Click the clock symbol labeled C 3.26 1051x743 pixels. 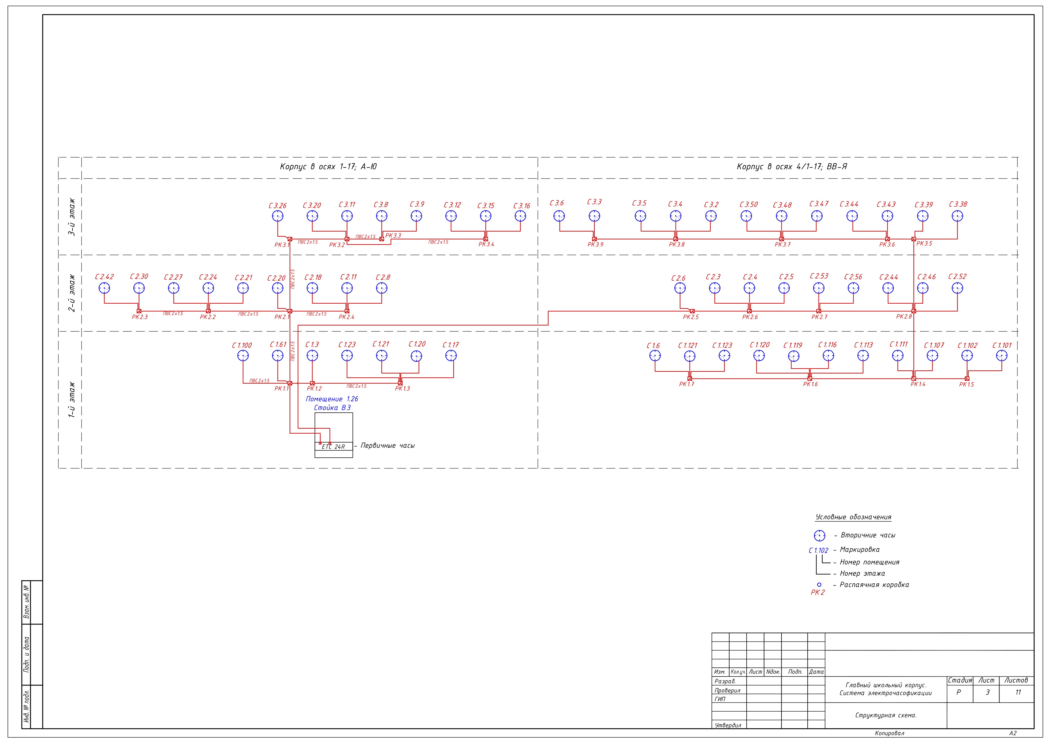(278, 216)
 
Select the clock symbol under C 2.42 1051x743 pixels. (104, 288)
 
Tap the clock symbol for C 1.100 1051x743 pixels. (243, 355)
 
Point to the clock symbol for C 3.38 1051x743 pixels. (957, 216)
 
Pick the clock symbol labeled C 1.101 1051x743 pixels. (1002, 355)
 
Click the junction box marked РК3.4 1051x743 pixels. (486, 239)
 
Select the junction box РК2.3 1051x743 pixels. (139, 311)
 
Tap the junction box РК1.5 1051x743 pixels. (967, 378)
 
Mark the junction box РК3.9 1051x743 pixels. (594, 239)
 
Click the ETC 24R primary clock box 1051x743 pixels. (334, 447)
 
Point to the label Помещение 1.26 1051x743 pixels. (332, 399)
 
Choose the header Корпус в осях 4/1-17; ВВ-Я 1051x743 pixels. (792, 167)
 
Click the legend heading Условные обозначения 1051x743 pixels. (853, 517)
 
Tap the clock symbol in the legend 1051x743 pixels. (819, 535)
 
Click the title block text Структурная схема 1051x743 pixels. (886, 715)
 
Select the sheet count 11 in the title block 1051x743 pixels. (1018, 692)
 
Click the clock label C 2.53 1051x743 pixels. (819, 276)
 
